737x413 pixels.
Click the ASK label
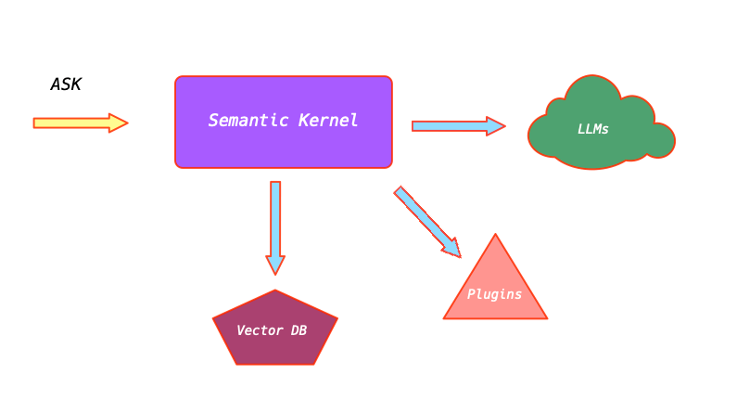click(x=66, y=84)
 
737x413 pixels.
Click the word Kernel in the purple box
click(x=328, y=121)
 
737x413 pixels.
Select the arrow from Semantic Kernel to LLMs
click(x=454, y=125)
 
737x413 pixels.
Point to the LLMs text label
click(x=593, y=129)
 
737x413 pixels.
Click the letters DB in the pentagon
click(x=298, y=330)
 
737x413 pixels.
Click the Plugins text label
click(x=494, y=294)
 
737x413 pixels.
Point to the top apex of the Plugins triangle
click(x=496, y=236)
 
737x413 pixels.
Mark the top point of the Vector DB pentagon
click(x=275, y=291)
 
